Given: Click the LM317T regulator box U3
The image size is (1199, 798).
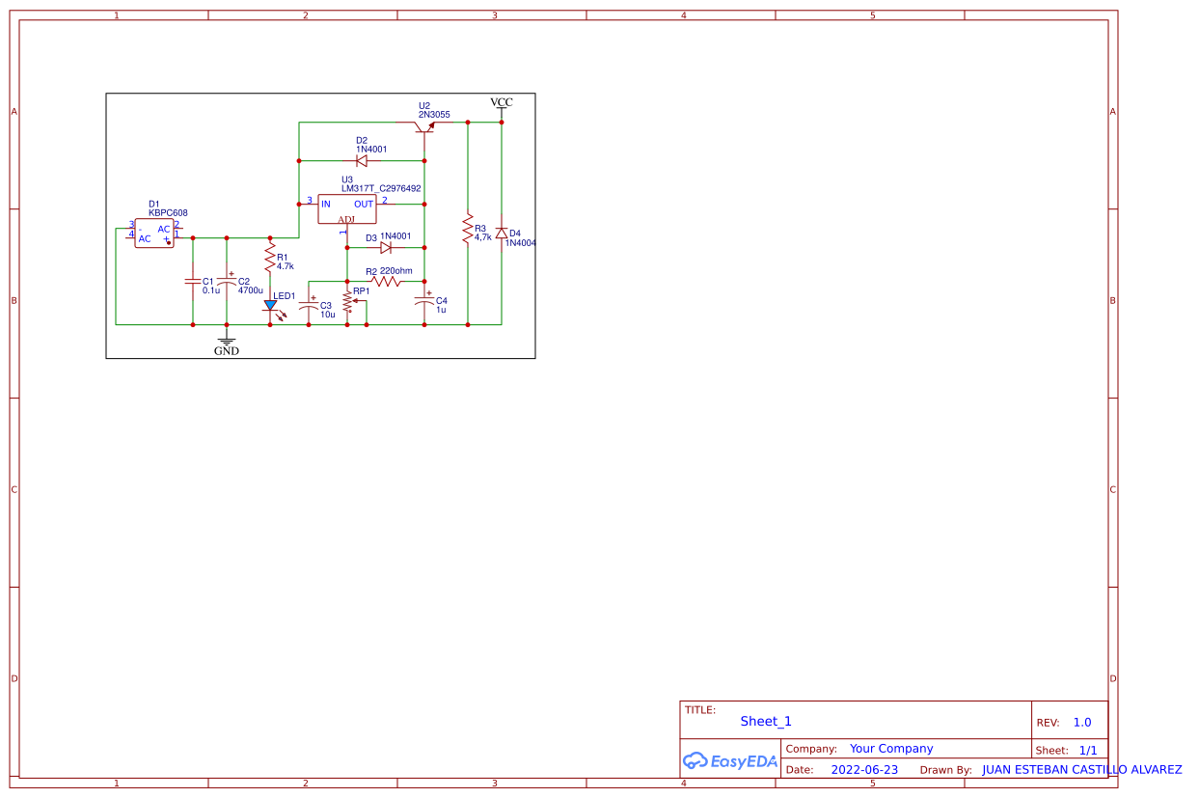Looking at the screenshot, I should [x=347, y=208].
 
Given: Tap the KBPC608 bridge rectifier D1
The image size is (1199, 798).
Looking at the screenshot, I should [x=153, y=234].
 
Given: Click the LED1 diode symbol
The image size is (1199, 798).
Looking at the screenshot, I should [x=270, y=305].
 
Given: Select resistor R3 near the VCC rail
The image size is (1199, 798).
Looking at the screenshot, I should [x=468, y=230].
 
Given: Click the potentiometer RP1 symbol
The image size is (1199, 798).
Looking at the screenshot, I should [x=347, y=301].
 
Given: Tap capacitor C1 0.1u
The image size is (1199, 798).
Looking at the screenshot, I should [x=192, y=282].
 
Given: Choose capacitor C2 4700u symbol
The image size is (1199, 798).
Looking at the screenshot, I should [x=227, y=281].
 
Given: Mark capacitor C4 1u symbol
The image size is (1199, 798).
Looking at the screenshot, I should [x=424, y=301].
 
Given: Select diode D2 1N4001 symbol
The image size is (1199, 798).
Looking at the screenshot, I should [x=362, y=160].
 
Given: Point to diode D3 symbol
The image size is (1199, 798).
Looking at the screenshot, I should [x=386, y=247].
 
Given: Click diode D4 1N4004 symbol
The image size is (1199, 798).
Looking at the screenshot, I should [x=502, y=234].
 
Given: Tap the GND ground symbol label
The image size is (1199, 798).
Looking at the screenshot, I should [x=227, y=351].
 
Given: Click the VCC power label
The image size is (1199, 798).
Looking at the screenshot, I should [x=502, y=102].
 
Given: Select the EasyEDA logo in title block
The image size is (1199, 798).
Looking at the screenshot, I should [x=729, y=760].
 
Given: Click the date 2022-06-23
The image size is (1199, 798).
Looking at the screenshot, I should [x=863, y=770].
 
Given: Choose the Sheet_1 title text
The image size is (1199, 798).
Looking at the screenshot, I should [x=766, y=721].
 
